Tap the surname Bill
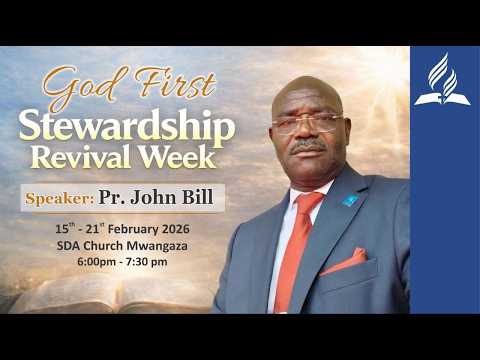(200, 197)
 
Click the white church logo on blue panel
(443, 82)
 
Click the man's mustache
(308, 146)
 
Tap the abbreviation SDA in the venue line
(73, 245)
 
